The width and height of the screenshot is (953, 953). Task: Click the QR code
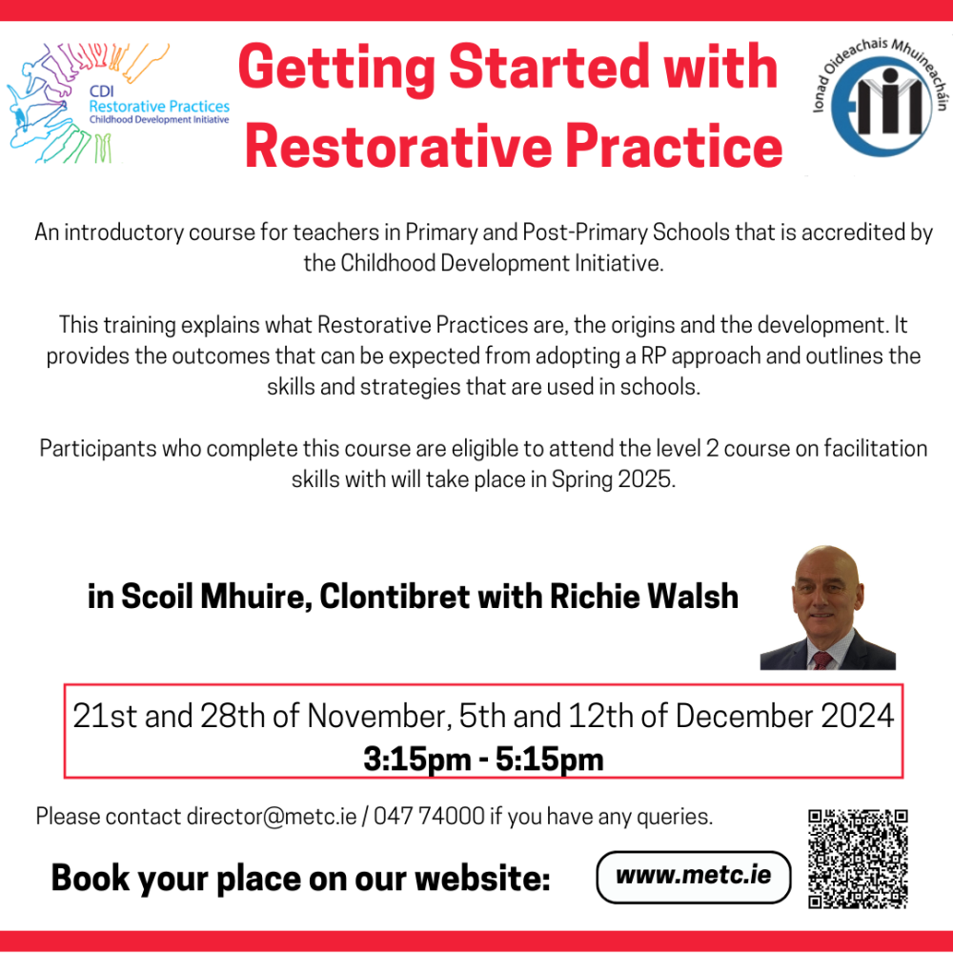coord(858,858)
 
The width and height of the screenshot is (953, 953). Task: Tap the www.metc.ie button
coord(693,876)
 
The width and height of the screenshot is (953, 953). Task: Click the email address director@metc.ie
coord(272,817)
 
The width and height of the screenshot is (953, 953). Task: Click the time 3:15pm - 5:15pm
coord(483,759)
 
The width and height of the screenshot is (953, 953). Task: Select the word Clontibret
coord(394,597)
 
